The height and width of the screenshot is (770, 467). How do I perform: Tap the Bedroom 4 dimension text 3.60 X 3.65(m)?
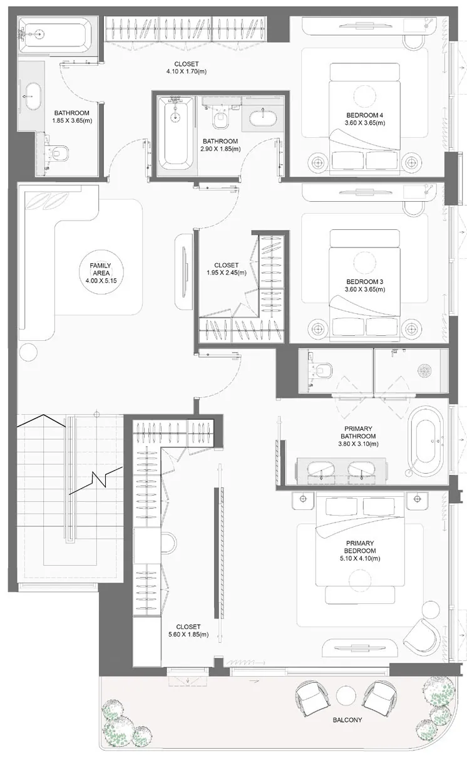365,123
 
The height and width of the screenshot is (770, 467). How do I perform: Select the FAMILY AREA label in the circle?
100,269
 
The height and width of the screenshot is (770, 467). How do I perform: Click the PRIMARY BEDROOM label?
360,547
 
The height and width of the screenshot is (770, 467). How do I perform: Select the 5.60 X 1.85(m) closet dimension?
188,635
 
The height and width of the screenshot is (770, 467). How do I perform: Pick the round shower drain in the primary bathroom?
424,370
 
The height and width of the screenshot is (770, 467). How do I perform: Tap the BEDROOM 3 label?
365,281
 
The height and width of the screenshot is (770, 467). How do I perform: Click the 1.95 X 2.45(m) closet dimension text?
226,273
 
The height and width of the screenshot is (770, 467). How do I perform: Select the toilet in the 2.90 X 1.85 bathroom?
220,117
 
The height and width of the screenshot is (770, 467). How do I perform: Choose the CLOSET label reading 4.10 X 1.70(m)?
187,68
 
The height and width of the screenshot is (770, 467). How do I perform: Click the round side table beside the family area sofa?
29,351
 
